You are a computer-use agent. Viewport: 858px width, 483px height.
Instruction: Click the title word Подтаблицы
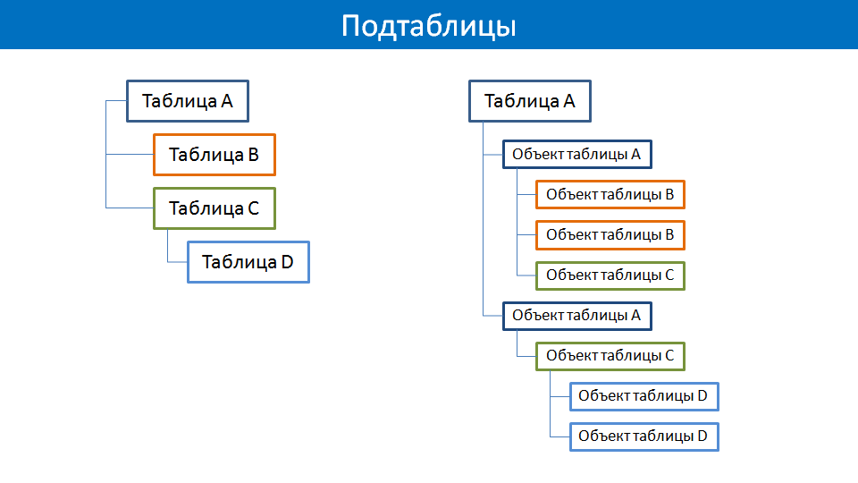pos(428,26)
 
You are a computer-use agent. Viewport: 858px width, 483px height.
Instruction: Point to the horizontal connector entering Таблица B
pos(130,155)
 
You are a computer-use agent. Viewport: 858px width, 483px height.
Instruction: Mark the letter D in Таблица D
pos(287,262)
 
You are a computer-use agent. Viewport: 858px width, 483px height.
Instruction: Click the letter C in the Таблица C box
pos(253,208)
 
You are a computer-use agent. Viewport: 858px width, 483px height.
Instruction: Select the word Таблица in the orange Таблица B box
pos(206,156)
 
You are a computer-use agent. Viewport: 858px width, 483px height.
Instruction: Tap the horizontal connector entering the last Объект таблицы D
pos(559,436)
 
